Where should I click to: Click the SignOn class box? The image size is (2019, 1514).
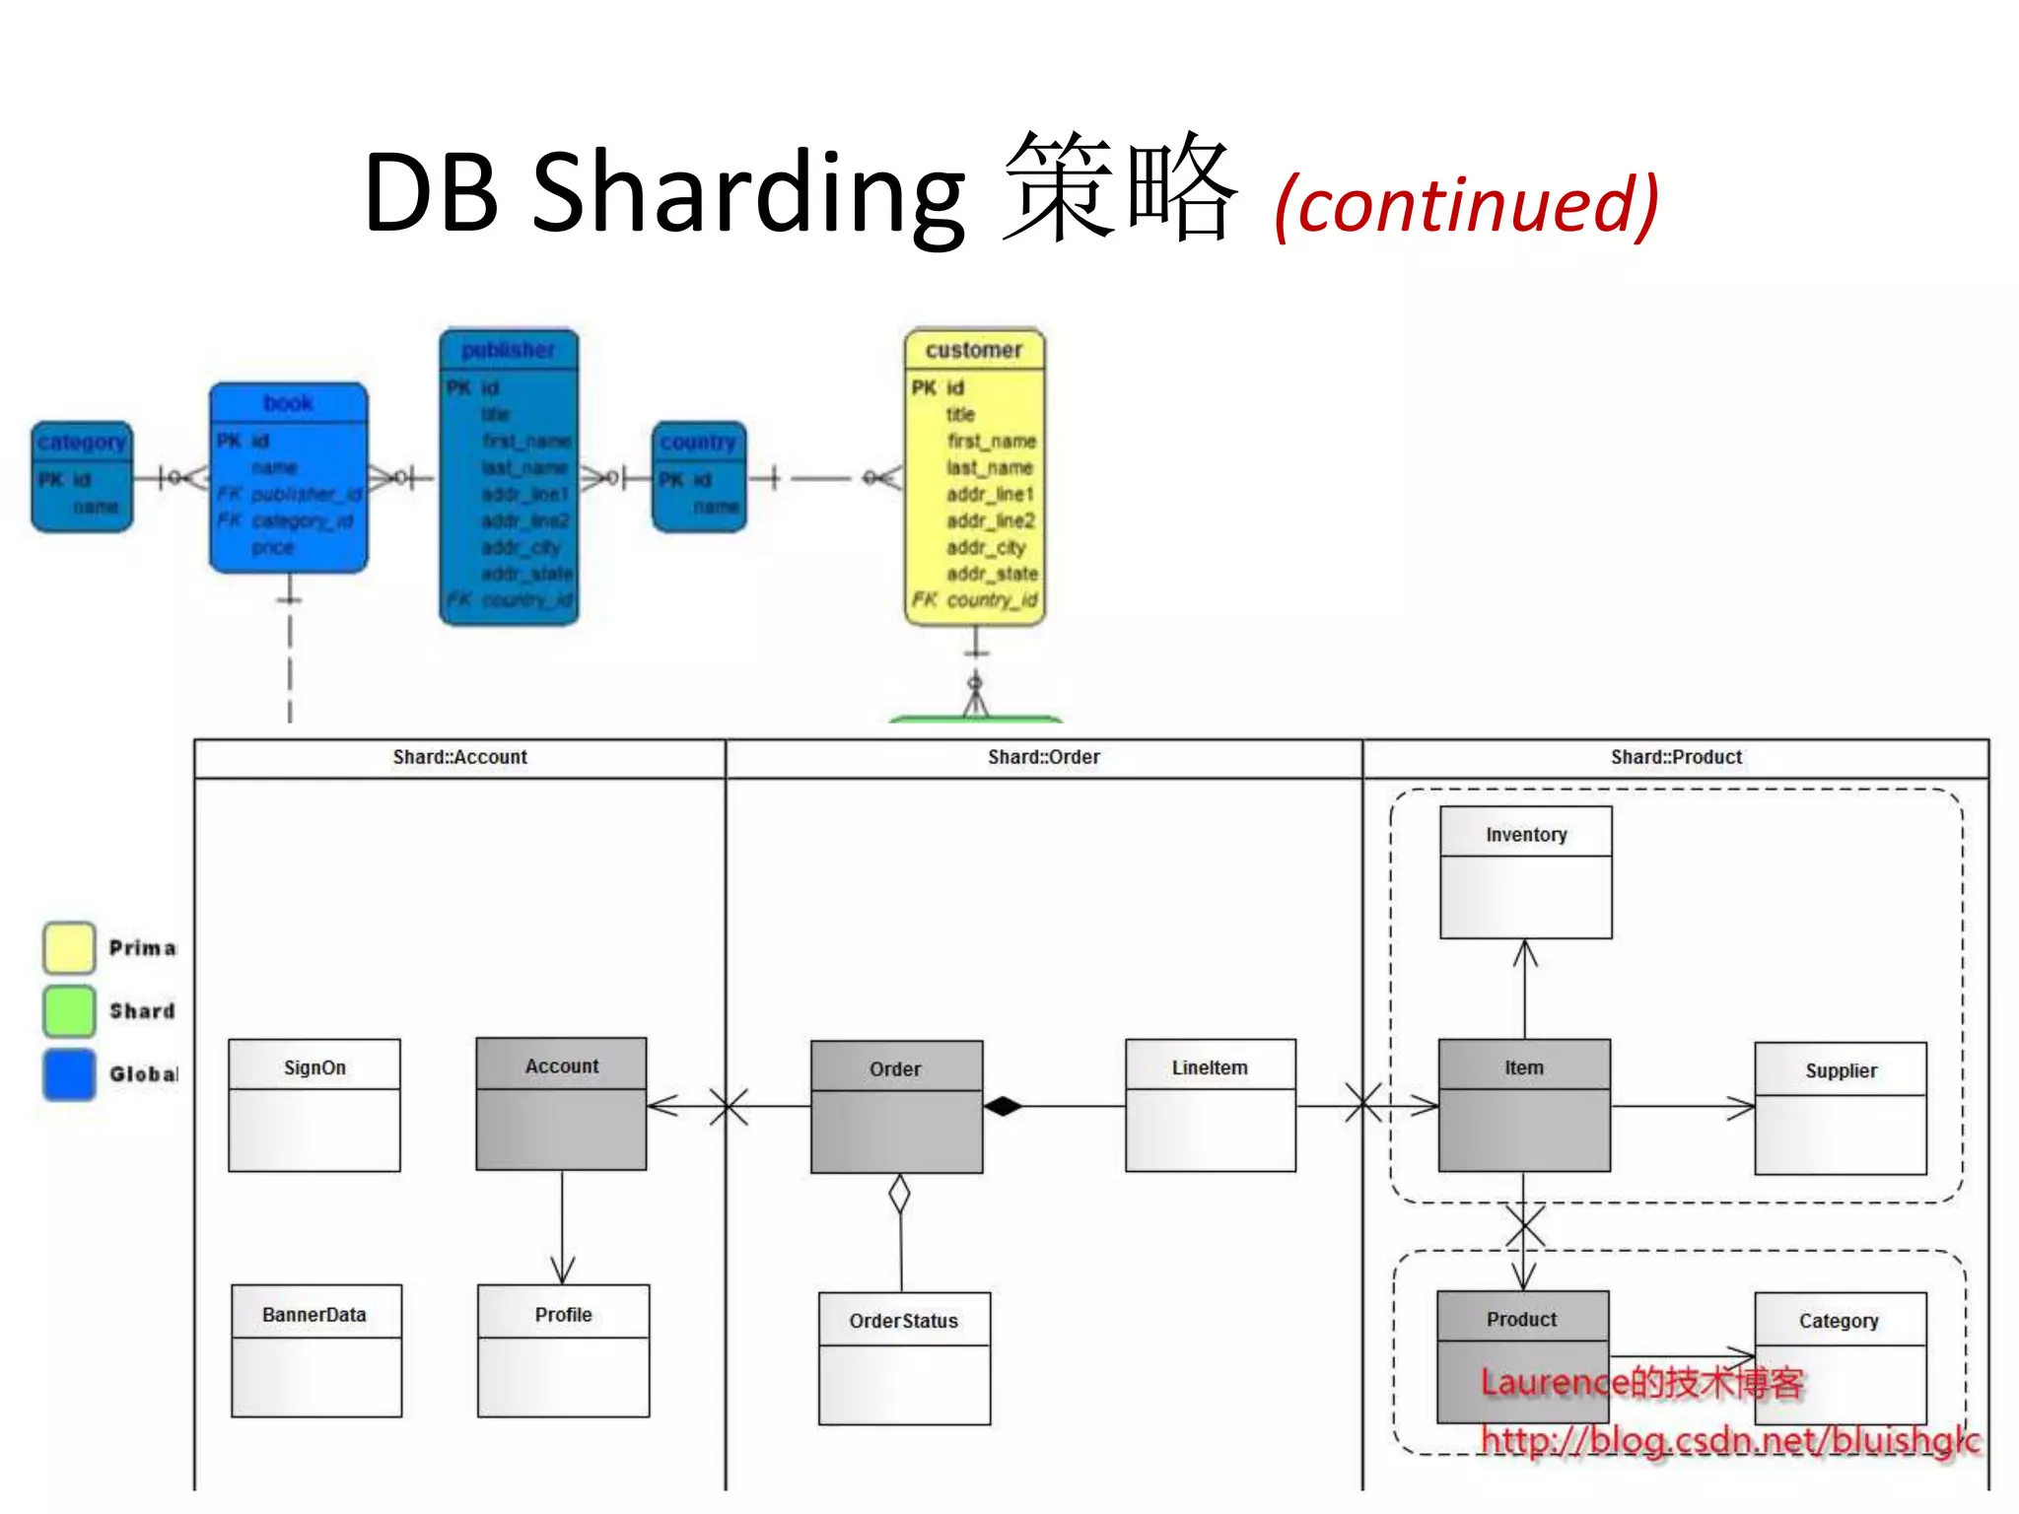(x=314, y=1105)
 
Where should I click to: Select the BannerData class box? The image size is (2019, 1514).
(x=316, y=1350)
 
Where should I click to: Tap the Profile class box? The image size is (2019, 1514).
(x=563, y=1350)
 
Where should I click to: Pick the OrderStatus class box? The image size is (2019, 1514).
(x=904, y=1358)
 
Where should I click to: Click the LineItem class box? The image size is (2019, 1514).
(x=1210, y=1105)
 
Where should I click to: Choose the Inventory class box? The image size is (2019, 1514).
(x=1525, y=872)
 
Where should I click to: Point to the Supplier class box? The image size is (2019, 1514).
(x=1840, y=1108)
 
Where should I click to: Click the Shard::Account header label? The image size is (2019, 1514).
(x=459, y=757)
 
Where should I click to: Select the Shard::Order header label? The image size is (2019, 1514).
(x=1043, y=757)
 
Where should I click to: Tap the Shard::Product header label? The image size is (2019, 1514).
(x=1676, y=757)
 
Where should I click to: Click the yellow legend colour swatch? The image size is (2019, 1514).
(x=69, y=947)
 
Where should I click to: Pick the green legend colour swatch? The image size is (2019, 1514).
(x=69, y=1010)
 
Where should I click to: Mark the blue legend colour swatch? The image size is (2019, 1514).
(x=69, y=1073)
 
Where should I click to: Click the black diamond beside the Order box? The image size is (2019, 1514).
(x=1003, y=1106)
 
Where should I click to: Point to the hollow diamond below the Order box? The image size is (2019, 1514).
(x=899, y=1194)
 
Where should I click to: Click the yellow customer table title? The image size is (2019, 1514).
(x=973, y=350)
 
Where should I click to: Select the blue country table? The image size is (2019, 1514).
(x=699, y=477)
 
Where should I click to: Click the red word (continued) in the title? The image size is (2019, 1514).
(x=1466, y=204)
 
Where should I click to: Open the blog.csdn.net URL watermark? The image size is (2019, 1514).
(x=1729, y=1440)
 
